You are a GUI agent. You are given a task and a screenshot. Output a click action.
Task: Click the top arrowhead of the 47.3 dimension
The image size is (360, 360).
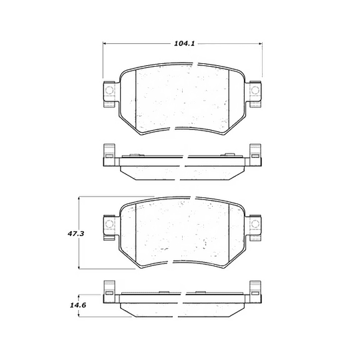[81, 198]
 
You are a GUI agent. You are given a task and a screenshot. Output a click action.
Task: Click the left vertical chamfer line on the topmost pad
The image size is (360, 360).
[135, 100]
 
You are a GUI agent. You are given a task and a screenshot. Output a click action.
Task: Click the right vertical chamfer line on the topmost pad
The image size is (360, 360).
[229, 100]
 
